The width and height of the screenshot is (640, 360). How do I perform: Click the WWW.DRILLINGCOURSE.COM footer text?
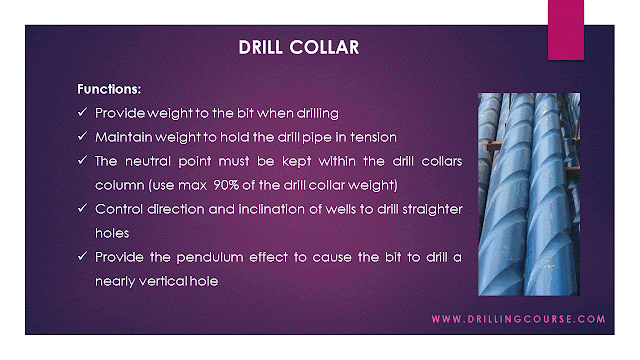(518, 320)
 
